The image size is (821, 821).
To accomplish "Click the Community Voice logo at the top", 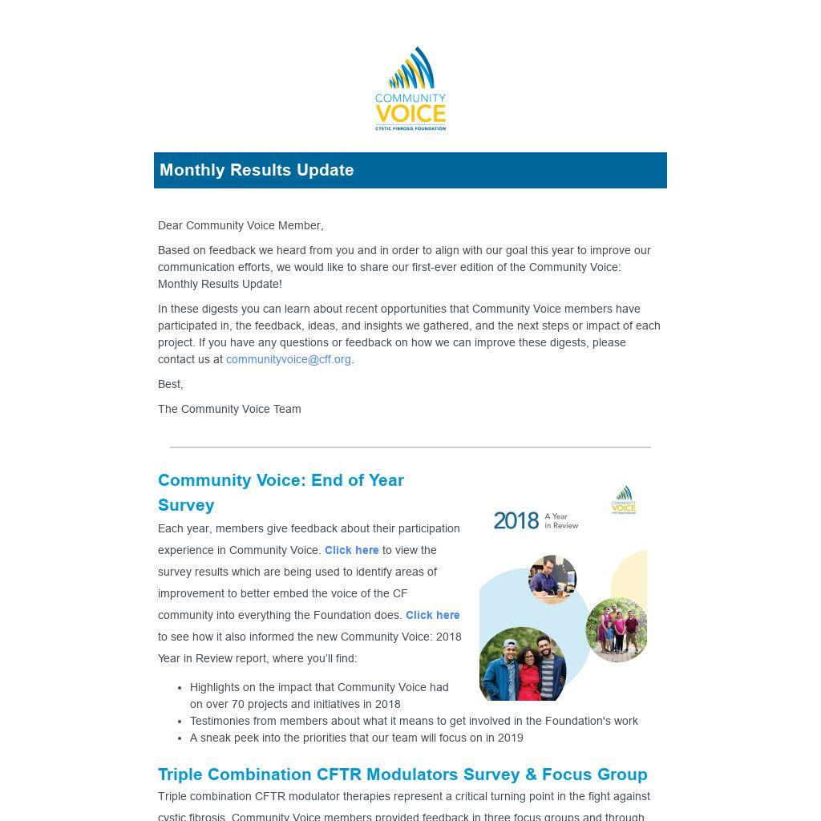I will pos(410,89).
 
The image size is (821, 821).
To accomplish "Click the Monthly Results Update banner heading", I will pos(257,170).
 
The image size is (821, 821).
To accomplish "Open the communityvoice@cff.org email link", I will pos(288,359).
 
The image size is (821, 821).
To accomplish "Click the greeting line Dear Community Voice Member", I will pos(241,225).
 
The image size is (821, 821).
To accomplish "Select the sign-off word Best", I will pos(170,384).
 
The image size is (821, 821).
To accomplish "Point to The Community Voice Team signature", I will pos(229,409).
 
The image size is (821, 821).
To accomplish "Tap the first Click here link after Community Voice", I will pos(351,550).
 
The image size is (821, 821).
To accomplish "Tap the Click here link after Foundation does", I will pos(432,615).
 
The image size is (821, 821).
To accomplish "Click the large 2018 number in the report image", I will pos(516,521).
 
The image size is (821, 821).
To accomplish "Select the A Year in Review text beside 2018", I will pos(561,521).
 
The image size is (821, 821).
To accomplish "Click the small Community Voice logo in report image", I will pos(623,499).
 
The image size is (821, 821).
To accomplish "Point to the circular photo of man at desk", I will pos(552,579).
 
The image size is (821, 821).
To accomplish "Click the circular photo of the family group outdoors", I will pos(616,629).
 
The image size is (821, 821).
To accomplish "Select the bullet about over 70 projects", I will pos(319,695).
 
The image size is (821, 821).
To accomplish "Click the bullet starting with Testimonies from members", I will pos(414,721).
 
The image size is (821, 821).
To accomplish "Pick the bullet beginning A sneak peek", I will pos(356,738).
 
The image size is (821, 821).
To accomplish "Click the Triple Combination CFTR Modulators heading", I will pos(402,774).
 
